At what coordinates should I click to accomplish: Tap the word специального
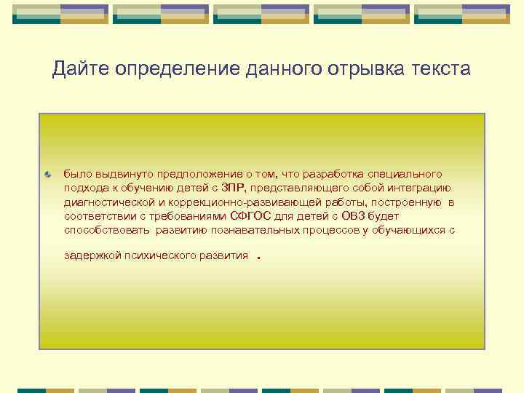(405, 175)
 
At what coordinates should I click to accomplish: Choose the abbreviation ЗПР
(233, 188)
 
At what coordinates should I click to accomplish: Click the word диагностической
(108, 202)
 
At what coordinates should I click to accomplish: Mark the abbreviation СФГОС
(251, 216)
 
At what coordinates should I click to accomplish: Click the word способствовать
(106, 230)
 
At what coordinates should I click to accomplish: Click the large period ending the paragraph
(260, 256)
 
